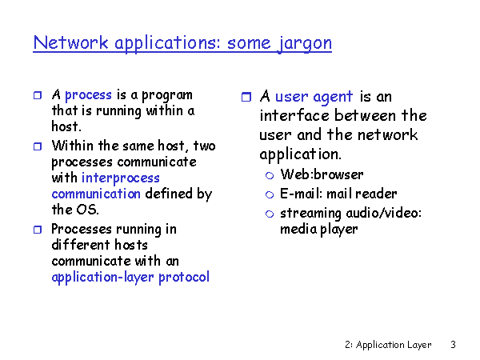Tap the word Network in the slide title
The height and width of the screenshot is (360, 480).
(70, 42)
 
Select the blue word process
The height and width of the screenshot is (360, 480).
(88, 96)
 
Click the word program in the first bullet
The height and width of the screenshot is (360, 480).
(167, 96)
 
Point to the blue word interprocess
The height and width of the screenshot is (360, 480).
(121, 178)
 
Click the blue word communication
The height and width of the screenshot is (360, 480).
(96, 194)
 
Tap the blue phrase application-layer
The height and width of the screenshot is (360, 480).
(103, 278)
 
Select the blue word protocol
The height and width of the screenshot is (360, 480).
(184, 278)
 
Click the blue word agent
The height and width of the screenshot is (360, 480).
(333, 98)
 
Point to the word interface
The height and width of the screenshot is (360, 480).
(294, 116)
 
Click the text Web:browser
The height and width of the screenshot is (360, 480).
(322, 174)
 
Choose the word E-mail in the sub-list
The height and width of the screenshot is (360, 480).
(301, 194)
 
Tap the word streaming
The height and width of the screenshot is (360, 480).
(310, 214)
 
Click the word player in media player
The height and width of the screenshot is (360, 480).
(339, 230)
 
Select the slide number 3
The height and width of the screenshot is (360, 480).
(454, 345)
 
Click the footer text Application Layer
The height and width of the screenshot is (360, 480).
(394, 345)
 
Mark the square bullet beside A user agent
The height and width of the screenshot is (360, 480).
(246, 97)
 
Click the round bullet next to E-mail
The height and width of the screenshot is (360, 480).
(270, 194)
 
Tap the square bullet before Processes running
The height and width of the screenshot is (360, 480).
(38, 230)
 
